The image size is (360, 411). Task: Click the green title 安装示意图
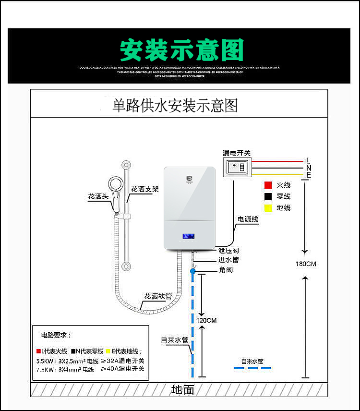coord(181,50)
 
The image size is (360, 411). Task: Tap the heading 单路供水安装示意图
coord(175,105)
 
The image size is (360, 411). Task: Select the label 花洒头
coord(98,197)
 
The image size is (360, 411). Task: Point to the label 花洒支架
coord(144,189)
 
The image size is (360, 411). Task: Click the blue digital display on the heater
coord(188,237)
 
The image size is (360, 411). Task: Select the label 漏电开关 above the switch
coord(237,153)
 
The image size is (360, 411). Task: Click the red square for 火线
coord(268,185)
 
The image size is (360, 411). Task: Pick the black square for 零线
coord(268,196)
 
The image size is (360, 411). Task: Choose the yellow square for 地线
coord(268,208)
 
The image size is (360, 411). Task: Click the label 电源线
coord(248,219)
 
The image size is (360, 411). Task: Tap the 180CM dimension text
coord(306,264)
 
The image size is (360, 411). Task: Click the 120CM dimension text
coord(206,320)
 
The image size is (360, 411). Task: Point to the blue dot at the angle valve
coord(193,271)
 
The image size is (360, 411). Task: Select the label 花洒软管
coord(158,296)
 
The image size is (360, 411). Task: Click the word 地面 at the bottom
coord(182,390)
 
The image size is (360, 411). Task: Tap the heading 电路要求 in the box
coord(56,335)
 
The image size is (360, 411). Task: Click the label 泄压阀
coord(228,251)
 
